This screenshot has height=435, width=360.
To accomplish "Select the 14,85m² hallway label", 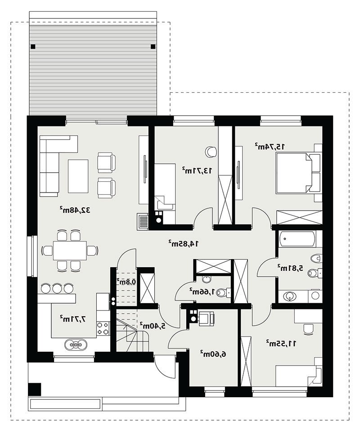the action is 184,243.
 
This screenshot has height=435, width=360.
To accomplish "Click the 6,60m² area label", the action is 213,354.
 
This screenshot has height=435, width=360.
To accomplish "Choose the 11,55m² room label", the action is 281,343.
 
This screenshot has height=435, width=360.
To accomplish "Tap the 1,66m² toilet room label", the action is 202,291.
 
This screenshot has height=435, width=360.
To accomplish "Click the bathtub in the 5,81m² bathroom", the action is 297,238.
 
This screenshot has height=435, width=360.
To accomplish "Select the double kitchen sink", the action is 76,345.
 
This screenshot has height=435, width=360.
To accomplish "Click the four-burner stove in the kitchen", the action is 103,328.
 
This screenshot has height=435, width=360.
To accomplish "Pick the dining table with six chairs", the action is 70,250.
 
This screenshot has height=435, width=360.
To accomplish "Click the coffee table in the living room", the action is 78,176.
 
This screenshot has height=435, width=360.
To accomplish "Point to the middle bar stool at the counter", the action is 57,288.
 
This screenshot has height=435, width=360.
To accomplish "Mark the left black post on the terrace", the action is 33,47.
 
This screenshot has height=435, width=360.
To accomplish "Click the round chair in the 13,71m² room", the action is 211,151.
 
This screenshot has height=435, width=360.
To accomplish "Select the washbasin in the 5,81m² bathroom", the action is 289,296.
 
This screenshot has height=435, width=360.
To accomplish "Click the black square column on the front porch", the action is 35,389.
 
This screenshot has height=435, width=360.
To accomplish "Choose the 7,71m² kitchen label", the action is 73,319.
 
